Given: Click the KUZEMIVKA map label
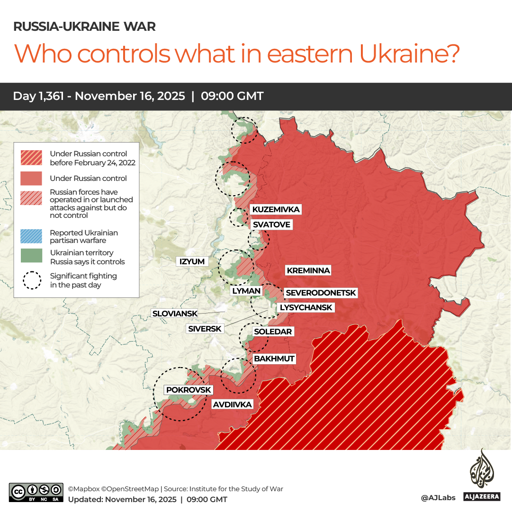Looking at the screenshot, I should (275, 209).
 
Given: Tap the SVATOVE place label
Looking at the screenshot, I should (271, 225).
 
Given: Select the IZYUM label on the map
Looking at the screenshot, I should (192, 261).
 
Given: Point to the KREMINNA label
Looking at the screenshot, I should (308, 270).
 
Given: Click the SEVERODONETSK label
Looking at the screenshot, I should (321, 293).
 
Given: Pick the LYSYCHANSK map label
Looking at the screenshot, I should (305, 307).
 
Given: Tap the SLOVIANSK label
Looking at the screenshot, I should (174, 314).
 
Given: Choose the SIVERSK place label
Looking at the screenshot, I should (205, 328).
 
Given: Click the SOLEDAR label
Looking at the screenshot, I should (273, 332).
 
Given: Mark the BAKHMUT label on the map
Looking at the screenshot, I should (274, 359).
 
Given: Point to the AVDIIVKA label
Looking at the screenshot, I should (232, 404).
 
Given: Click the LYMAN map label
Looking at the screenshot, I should (246, 291).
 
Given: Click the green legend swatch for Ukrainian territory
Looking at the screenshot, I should (31, 256).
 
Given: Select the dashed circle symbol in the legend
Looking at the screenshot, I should (32, 280).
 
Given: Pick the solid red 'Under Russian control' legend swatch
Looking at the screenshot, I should (31, 179).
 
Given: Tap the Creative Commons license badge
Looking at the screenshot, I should (36, 493).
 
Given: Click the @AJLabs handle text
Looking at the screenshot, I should (438, 498).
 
